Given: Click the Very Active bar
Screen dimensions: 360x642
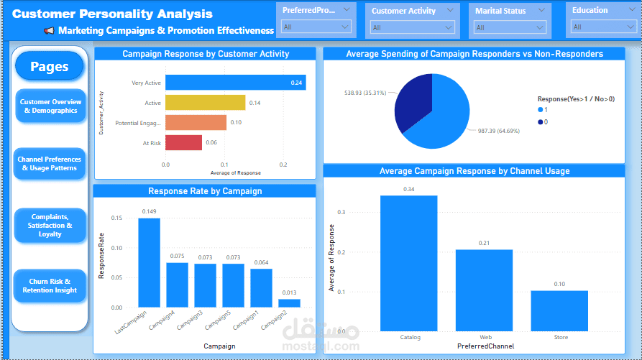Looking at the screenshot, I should tap(235, 83).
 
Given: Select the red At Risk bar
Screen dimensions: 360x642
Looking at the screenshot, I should tap(183, 142).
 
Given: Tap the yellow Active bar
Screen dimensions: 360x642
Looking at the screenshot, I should tap(205, 103).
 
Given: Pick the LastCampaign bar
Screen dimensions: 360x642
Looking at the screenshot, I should tap(149, 262).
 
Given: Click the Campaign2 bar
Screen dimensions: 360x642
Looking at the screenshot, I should tap(289, 303).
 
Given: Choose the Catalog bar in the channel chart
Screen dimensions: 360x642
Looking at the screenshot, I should tap(408, 263).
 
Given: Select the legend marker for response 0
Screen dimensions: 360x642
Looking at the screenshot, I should tap(541, 122).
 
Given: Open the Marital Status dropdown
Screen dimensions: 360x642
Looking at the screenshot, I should tap(510, 27).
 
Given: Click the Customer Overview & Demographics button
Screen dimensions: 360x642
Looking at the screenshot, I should tap(50, 106).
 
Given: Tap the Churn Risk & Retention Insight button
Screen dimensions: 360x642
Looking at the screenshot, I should tap(50, 286).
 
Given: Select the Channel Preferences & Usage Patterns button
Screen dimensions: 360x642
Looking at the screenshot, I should tap(50, 164).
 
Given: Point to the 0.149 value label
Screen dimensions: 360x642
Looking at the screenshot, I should tap(149, 211).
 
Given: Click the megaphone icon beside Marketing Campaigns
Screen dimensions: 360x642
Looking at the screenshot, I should tap(49, 31).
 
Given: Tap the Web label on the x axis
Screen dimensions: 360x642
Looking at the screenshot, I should tap(485, 337).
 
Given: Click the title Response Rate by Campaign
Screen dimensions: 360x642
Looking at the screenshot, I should tap(205, 191).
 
